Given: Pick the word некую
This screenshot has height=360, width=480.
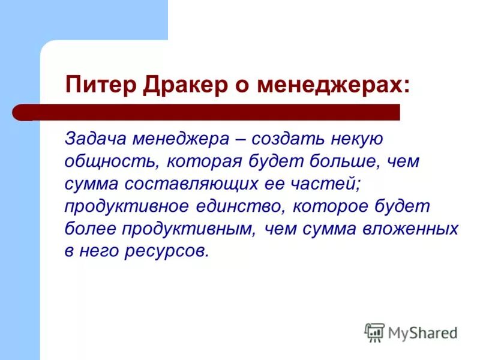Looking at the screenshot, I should point(357,139).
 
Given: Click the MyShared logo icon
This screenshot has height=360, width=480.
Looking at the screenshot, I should point(374,332).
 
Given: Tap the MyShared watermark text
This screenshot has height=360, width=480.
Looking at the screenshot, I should point(423,332).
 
